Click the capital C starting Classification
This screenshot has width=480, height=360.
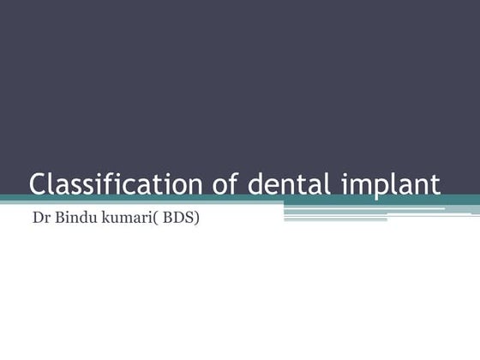click(39, 184)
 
